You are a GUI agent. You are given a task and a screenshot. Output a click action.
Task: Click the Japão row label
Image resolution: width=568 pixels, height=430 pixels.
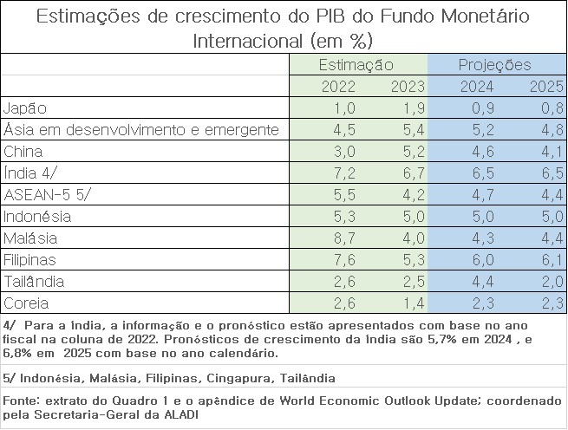click(x=25, y=108)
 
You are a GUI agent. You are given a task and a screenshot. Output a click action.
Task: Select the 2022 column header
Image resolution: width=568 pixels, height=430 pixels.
click(x=337, y=87)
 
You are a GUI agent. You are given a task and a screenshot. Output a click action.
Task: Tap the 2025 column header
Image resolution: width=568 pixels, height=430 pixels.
click(x=546, y=87)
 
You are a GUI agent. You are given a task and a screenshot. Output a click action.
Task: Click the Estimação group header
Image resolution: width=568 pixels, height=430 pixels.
click(x=356, y=65)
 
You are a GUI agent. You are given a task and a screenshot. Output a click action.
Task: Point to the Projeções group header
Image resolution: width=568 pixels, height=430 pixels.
click(x=495, y=65)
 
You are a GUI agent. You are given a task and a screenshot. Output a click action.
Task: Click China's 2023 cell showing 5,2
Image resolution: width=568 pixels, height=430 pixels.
click(x=408, y=152)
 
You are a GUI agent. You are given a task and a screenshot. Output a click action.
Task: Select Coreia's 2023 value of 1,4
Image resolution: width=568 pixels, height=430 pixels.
click(x=408, y=303)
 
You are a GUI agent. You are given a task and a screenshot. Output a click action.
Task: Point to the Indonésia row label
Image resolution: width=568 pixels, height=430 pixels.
click(x=37, y=217)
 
